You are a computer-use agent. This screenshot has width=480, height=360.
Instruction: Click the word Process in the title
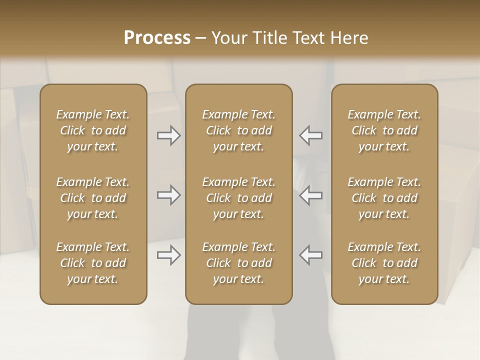(157, 38)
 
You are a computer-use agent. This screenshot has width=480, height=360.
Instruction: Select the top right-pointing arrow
(169, 135)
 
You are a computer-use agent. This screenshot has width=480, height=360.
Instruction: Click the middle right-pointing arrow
(169, 195)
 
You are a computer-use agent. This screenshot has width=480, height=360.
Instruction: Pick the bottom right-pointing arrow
(169, 255)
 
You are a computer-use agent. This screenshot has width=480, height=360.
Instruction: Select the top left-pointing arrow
(311, 135)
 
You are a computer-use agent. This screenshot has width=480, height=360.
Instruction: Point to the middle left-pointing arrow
(311, 195)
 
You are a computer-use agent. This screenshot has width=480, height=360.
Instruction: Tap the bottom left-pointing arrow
(311, 255)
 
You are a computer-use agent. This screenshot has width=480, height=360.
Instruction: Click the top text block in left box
(93, 130)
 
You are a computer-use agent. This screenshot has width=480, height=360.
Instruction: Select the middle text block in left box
(93, 198)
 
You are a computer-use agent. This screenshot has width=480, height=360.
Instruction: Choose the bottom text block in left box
(93, 263)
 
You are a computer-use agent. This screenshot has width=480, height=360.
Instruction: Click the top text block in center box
(238, 130)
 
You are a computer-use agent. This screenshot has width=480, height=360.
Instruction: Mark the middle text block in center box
(238, 198)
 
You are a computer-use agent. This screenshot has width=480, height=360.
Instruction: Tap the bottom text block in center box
(238, 263)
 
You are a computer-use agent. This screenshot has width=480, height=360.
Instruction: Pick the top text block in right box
(384, 130)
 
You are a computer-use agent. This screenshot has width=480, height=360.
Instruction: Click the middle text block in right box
(384, 198)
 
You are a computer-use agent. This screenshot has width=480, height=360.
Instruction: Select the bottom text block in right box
(384, 263)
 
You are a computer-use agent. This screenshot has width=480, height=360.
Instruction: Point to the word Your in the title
(228, 38)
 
